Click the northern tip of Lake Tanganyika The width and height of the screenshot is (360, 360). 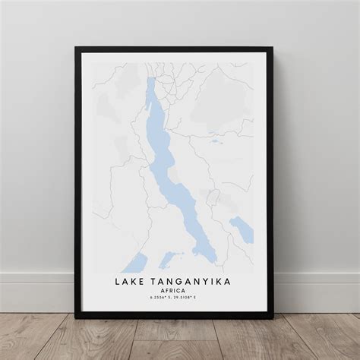(x=151, y=81)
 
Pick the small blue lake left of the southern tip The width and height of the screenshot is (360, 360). (x=169, y=257)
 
